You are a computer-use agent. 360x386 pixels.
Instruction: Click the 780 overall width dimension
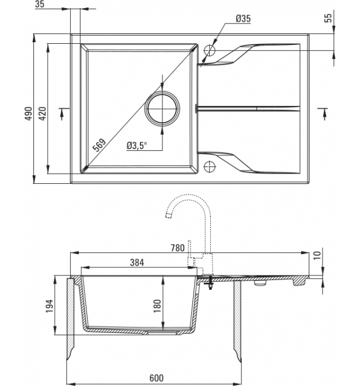coord(177,248)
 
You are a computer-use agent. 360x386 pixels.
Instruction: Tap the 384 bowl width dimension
coord(137,263)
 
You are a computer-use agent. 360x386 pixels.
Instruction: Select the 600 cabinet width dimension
coord(156,378)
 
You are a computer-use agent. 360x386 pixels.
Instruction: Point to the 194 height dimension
coord(50,306)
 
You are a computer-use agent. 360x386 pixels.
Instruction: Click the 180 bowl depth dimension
coord(157,306)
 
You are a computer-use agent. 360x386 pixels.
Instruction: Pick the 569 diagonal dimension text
coord(99,145)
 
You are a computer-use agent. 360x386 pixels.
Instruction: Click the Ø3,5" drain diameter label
coord(137,146)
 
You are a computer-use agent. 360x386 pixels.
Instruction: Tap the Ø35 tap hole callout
coord(243,18)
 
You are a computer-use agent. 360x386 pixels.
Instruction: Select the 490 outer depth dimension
coord(29,113)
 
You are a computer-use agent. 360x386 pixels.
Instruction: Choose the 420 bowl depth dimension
coord(43,113)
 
